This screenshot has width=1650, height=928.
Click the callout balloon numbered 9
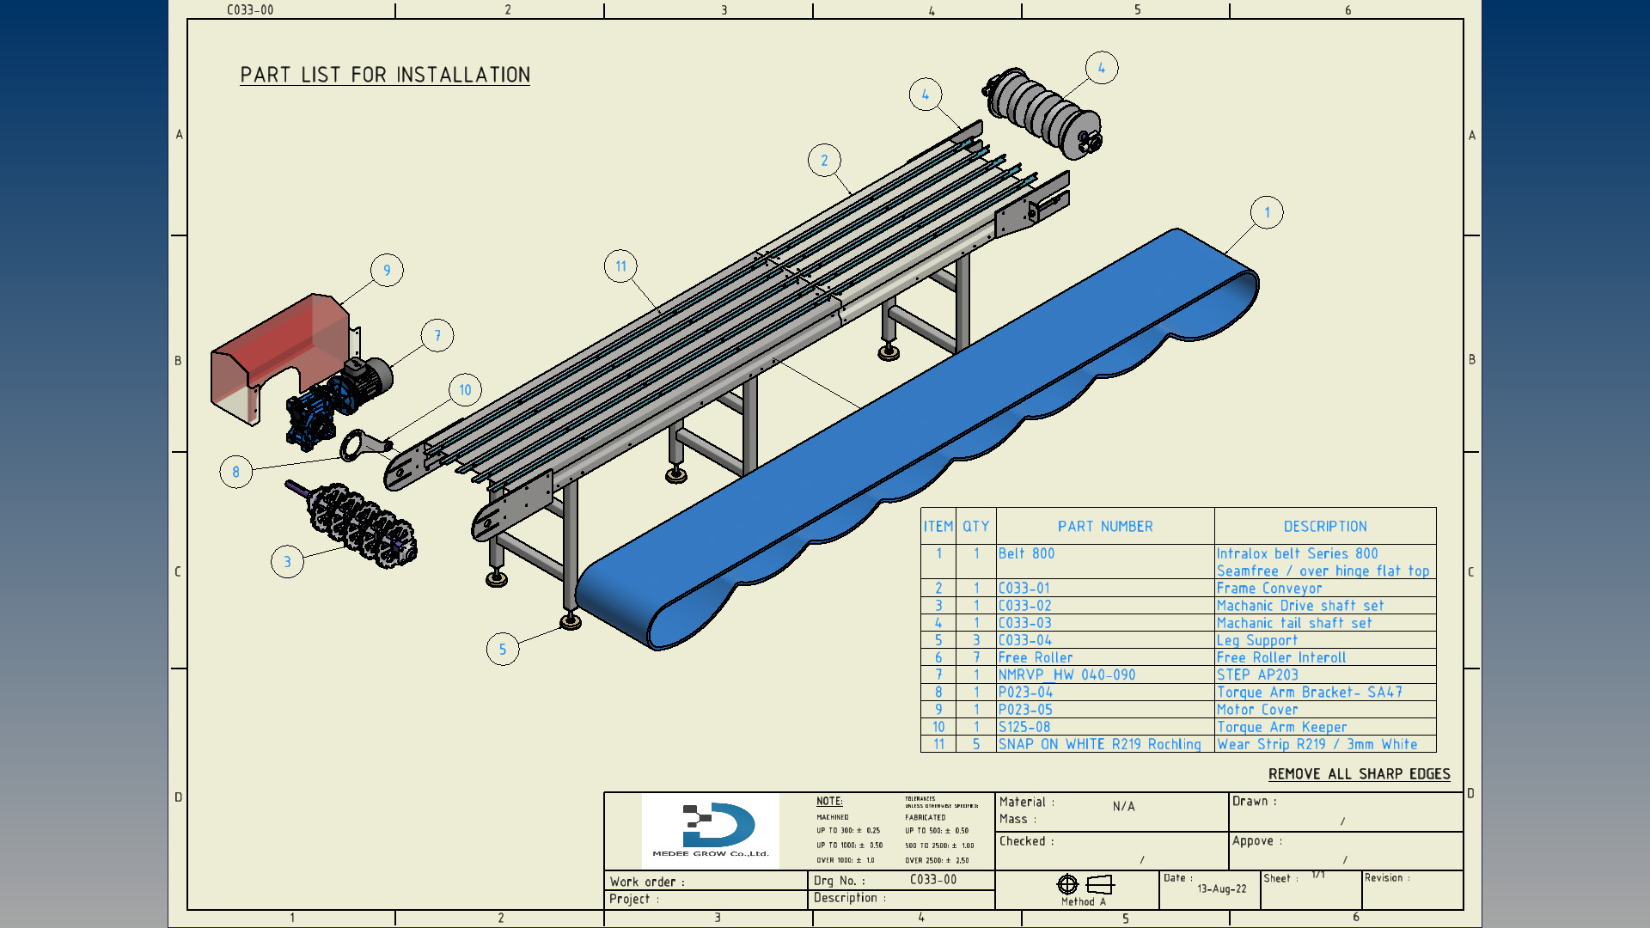(387, 271)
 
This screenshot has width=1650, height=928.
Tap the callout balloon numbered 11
(620, 266)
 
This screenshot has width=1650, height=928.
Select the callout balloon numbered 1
(1267, 213)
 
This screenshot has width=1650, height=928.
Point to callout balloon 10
(465, 390)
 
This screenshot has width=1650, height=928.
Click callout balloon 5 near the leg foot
(503, 650)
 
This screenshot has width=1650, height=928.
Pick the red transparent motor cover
(275, 352)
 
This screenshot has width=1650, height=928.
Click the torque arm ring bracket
(357, 445)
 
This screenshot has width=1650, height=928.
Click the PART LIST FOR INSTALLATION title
(385, 76)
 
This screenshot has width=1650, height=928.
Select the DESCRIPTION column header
(1324, 527)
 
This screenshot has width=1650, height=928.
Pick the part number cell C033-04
(1024, 641)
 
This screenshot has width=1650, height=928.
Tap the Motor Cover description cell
(1257, 710)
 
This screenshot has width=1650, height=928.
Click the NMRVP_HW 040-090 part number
(1066, 675)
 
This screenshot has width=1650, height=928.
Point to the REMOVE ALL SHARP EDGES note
(1359, 774)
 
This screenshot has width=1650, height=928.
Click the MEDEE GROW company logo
(711, 830)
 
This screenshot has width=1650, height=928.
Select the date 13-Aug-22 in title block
(1221, 889)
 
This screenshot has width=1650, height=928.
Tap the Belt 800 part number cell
(1026, 554)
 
